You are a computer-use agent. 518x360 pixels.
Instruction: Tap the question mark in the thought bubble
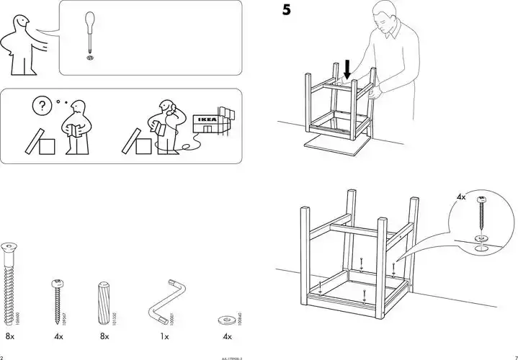tap(40, 105)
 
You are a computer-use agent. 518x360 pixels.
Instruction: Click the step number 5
tap(286, 11)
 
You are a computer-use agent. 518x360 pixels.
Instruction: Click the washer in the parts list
tap(226, 318)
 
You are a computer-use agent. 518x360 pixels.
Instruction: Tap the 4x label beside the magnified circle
tap(461, 197)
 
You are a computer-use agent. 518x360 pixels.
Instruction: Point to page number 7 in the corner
tap(514, 356)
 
